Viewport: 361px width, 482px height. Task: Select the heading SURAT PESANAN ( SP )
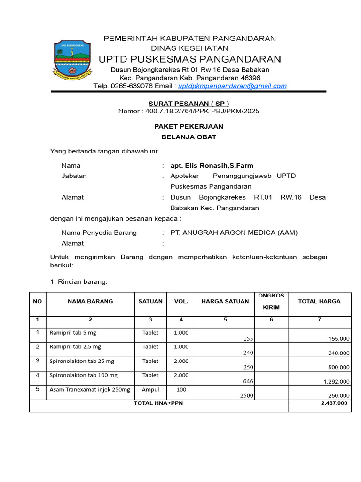coord(189,104)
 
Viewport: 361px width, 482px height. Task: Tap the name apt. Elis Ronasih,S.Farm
coord(212,165)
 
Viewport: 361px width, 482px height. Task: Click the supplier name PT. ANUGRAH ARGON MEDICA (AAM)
coord(234,233)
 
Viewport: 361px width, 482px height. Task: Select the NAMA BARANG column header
coord(90,301)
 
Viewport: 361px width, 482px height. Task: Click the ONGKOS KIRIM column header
coord(271,301)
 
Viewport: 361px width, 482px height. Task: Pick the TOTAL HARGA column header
coord(319,301)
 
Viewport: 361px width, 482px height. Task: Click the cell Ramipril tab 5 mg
coord(73,333)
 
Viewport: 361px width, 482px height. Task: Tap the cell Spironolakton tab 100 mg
coord(84,375)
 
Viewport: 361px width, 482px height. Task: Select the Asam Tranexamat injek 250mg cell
coord(90,390)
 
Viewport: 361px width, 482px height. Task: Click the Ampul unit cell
coord(150,390)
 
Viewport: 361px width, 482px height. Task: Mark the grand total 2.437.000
coord(334,403)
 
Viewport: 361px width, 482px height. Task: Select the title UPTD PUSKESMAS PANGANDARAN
coord(189,59)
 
